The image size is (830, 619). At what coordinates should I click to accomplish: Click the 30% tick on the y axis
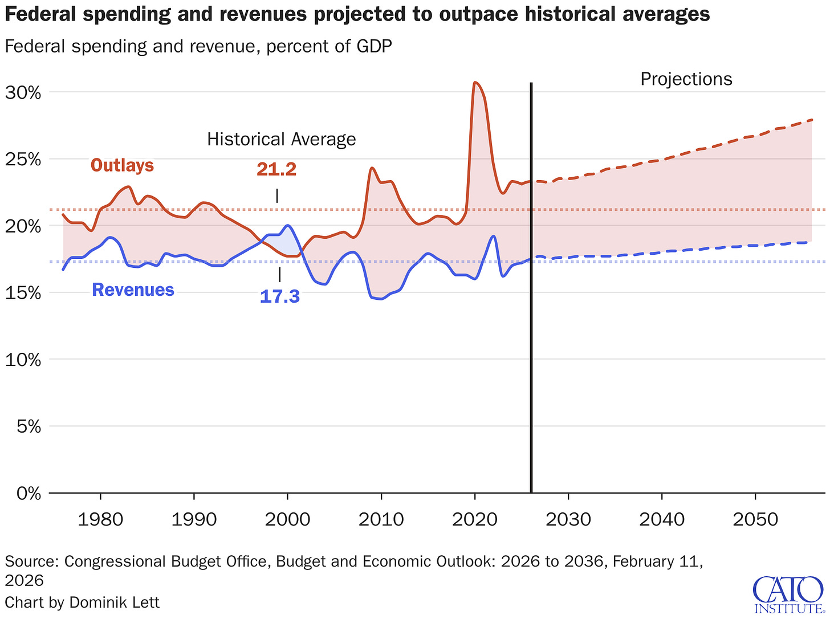pos(23,92)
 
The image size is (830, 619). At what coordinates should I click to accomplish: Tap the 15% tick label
pos(23,293)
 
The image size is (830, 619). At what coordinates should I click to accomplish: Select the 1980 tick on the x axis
pos(100,519)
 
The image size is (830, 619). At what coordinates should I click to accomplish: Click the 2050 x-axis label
pos(755,519)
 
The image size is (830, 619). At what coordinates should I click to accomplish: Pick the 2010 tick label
pos(381,519)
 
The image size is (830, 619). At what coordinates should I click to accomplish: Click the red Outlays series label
pos(122,165)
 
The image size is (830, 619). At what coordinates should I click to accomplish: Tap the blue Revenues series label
pos(133,290)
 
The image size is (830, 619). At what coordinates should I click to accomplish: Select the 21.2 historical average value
pos(276,169)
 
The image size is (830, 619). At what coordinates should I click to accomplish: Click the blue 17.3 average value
pos(279,296)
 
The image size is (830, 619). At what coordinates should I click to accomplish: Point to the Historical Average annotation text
pos(281,140)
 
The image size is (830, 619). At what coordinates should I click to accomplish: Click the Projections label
pos(686,79)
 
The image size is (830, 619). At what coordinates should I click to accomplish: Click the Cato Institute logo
pos(790,594)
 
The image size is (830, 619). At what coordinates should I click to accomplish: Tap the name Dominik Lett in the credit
pos(114,602)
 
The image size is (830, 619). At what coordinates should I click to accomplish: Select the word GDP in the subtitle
pos(373,46)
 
